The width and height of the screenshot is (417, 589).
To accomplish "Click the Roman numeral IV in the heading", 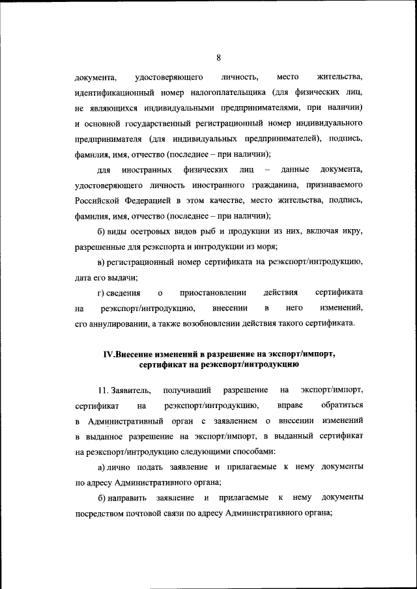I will point(109,355).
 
